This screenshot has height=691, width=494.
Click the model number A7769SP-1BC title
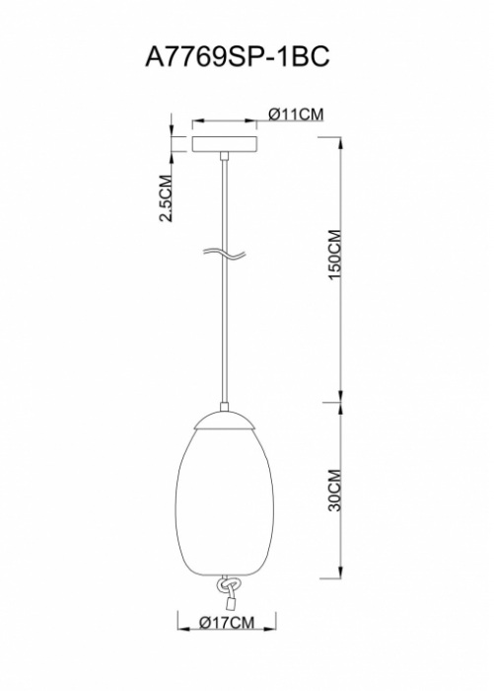pos(237,57)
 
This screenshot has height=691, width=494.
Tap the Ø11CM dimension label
pos(296,115)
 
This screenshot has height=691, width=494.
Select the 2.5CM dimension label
pos(166,197)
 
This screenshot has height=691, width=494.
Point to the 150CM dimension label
pos(334,254)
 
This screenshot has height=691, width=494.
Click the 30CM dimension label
pos(334,490)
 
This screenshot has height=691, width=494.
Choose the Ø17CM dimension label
pos(227,622)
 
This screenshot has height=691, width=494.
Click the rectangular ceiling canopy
pos(225,144)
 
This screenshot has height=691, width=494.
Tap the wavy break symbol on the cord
pos(224,254)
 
